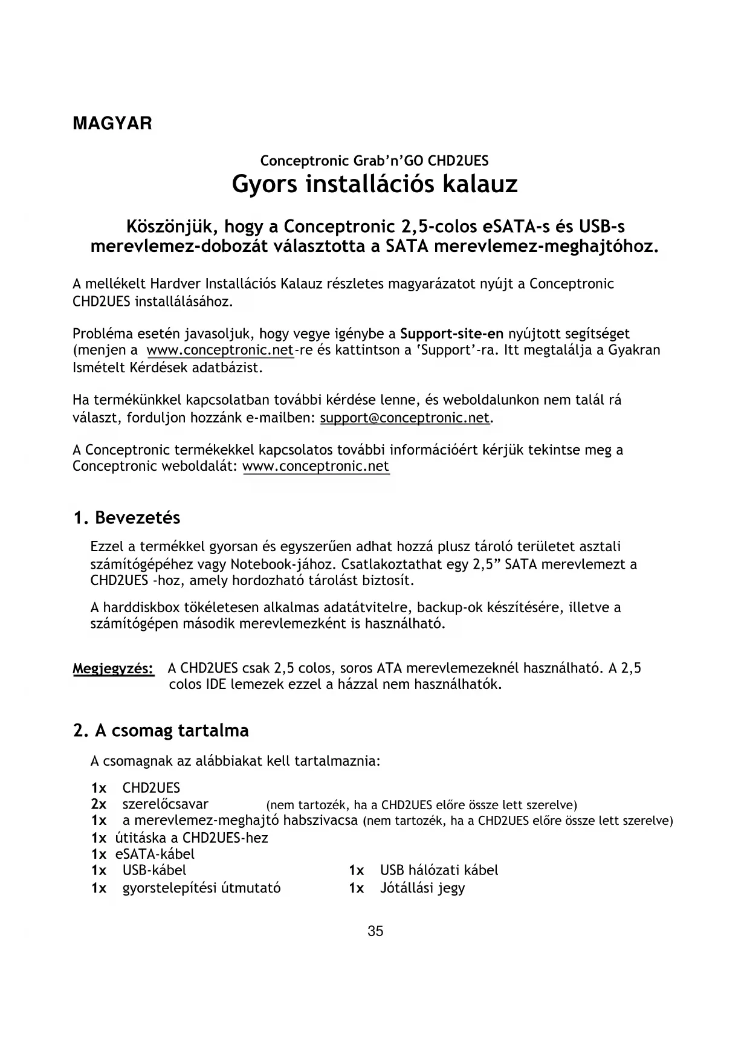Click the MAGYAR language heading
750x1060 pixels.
[x=112, y=124]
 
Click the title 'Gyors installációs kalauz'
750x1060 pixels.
[x=375, y=184]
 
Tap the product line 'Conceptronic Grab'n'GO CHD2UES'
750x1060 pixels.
[x=374, y=161]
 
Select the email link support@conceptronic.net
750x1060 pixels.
[x=404, y=418]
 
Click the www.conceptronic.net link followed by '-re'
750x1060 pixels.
[x=220, y=351]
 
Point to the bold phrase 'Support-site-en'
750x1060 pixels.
[x=452, y=334]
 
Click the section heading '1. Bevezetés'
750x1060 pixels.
[x=126, y=518]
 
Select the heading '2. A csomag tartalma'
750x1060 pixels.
[x=161, y=731]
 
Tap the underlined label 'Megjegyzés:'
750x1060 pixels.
[x=113, y=669]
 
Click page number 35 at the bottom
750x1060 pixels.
[x=375, y=931]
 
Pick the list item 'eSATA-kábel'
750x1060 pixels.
[x=155, y=854]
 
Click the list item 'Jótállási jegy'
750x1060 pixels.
[x=422, y=888]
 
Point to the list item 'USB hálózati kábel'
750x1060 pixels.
[x=439, y=870]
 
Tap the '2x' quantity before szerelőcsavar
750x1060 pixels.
[x=99, y=804]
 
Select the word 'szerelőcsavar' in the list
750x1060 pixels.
[x=165, y=804]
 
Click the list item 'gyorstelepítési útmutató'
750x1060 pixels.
[x=201, y=888]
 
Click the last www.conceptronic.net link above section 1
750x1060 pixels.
[x=315, y=467]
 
